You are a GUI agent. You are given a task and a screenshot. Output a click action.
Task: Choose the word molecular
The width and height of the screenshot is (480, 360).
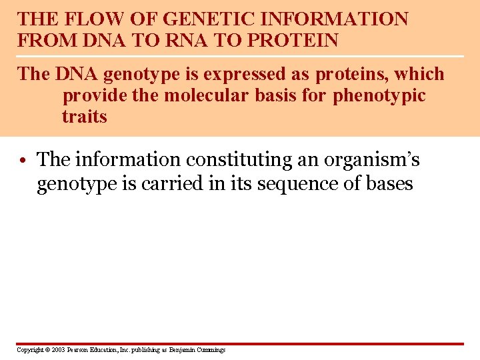(208, 95)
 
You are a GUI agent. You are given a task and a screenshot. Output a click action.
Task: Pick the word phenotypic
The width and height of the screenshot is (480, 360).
(379, 95)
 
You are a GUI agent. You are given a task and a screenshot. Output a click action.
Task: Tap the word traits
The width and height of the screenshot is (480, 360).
(85, 117)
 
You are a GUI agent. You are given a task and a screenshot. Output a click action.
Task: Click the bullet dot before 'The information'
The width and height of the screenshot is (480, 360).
(23, 161)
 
